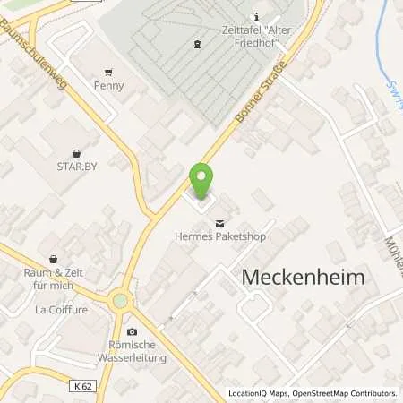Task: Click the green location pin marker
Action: pyautogui.click(x=202, y=182)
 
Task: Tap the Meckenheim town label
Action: pyautogui.click(x=304, y=278)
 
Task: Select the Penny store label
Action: pyautogui.click(x=108, y=86)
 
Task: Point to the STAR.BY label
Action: pyautogui.click(x=76, y=166)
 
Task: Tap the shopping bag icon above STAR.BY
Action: pyautogui.click(x=76, y=152)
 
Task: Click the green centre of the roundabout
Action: pyautogui.click(x=119, y=302)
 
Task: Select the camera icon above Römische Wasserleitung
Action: pyautogui.click(x=132, y=332)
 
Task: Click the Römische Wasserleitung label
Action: pyautogui.click(x=133, y=352)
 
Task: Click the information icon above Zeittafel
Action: pyautogui.click(x=257, y=16)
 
